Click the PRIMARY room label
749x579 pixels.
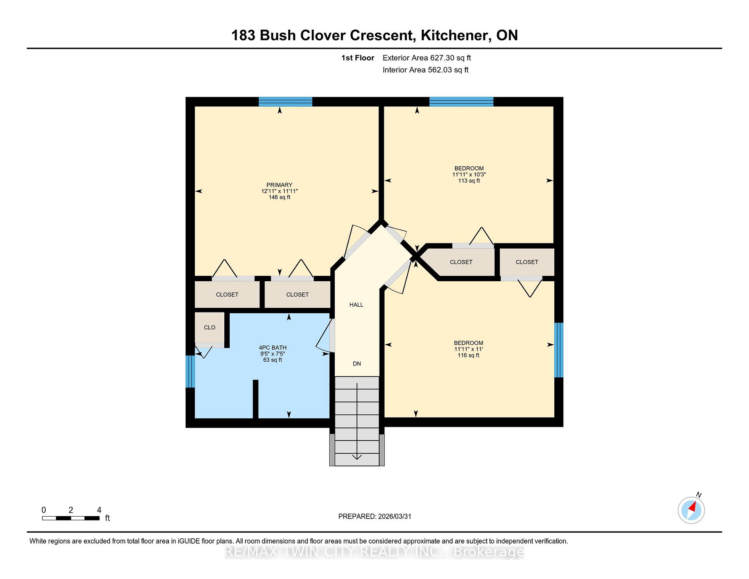279,185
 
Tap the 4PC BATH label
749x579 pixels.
273,348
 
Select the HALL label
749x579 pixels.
357,305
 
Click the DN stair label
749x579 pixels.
357,364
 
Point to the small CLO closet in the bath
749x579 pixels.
209,327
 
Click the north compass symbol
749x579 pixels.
691,510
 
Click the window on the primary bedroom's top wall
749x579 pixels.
286,101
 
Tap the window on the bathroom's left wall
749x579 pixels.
190,371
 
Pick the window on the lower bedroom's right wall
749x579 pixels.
559,350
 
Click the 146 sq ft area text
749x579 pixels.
279,197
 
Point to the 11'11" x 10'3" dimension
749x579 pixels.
469,175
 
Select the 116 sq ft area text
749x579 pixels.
469,355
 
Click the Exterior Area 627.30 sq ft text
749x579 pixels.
427,58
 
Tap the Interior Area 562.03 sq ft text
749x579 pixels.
426,70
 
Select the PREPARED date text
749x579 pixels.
375,517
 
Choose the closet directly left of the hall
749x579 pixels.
298,295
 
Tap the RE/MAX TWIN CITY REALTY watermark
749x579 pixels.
374,552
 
